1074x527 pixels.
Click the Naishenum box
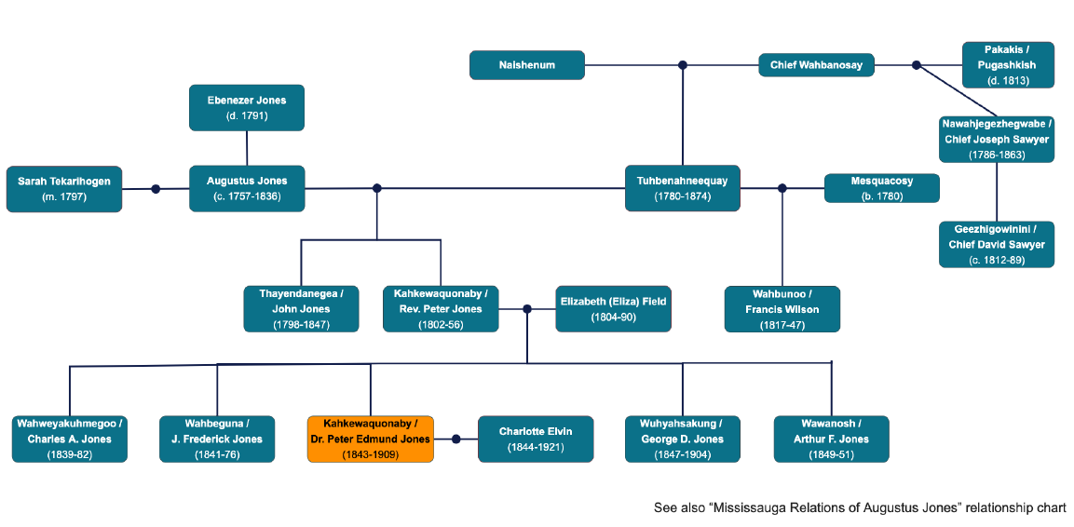pos(527,65)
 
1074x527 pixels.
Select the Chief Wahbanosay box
pos(816,65)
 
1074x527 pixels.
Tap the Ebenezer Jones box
pos(247,108)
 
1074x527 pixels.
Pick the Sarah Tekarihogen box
pos(63,189)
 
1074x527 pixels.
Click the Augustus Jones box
pos(247,189)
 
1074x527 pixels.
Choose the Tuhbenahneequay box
pos(683,188)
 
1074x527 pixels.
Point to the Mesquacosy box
pos(881,188)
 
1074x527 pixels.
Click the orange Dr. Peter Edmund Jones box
pos(371,439)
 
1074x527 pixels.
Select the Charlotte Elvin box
pos(536,439)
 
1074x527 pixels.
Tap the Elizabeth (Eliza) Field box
pos(613,308)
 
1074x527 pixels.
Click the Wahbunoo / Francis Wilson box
pos(782,309)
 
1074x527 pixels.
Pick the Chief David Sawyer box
pos(997,244)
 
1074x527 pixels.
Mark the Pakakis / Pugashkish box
pos(1007,65)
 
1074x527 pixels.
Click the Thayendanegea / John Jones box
pos(301,309)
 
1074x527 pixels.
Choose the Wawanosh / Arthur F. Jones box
pos(831,439)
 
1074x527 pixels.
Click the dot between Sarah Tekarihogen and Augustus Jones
pos(156,189)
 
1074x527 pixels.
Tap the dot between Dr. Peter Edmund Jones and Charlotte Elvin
pos(456,439)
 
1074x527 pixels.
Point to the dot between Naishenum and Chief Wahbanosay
pos(683,65)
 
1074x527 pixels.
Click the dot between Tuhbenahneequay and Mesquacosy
pos(782,188)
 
